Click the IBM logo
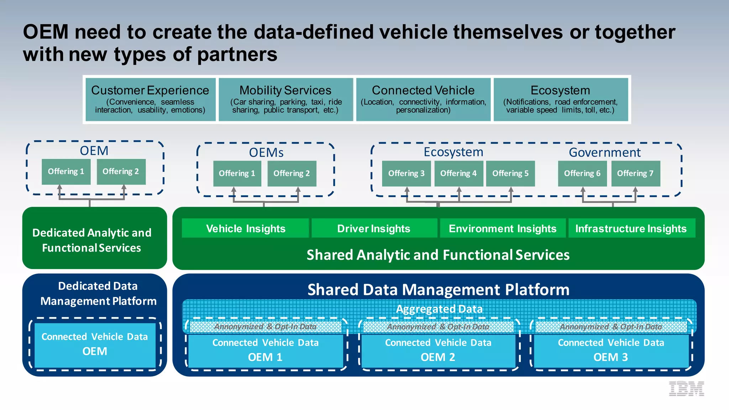[686, 389]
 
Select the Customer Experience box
[150, 99]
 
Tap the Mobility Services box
[285, 99]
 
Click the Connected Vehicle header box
[423, 99]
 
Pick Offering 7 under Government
[635, 173]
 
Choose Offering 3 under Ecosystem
[406, 173]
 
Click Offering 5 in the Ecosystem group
[510, 173]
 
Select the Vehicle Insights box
[245, 228]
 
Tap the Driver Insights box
[374, 228]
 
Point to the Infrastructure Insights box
[631, 228]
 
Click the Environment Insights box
[502, 228]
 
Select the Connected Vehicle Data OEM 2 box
[438, 350]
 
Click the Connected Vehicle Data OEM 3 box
[611, 350]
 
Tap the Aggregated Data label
[439, 309]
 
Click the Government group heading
[604, 152]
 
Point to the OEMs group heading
[266, 152]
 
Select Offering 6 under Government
[582, 173]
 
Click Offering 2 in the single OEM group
[121, 172]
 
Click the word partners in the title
[237, 55]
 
